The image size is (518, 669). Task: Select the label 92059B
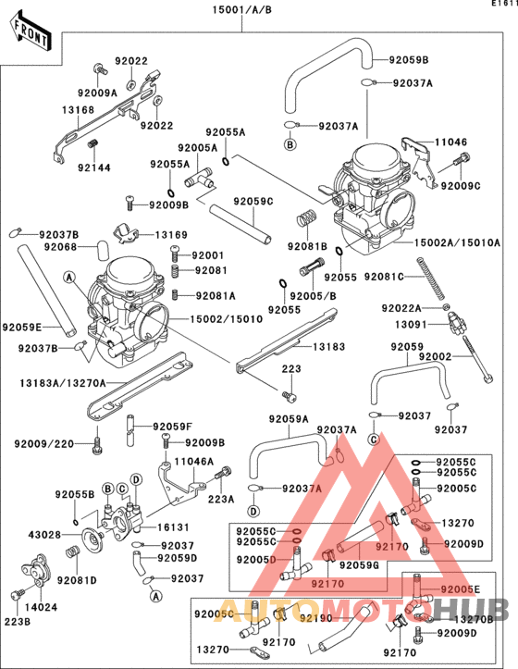(x=409, y=61)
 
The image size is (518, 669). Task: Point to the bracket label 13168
(x=79, y=110)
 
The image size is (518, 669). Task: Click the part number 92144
(x=93, y=167)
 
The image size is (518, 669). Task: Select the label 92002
(x=435, y=356)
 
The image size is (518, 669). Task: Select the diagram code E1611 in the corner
(x=503, y=5)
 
